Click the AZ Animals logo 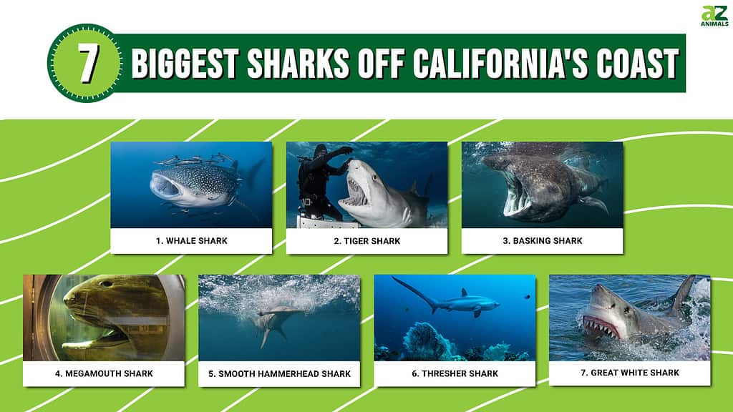[x=714, y=16]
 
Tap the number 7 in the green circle [x=88, y=63]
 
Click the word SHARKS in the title [x=298, y=63]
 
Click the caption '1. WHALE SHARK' [x=192, y=241]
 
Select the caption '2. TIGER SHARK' [x=367, y=241]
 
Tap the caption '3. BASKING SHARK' [x=543, y=241]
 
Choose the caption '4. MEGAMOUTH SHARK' [x=104, y=373]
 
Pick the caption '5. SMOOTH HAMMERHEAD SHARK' [x=280, y=373]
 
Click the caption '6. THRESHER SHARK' [x=455, y=373]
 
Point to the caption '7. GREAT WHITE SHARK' [x=630, y=373]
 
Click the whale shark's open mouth [x=165, y=187]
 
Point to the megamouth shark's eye [x=107, y=283]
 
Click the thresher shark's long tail [x=414, y=292]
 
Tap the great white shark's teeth [x=601, y=326]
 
